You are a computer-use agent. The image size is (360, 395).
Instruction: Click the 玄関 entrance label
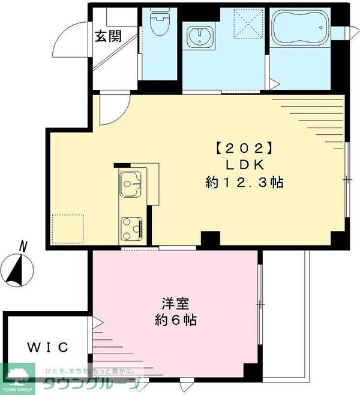[x=109, y=36]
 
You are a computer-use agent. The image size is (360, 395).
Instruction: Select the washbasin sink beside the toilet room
[x=198, y=37]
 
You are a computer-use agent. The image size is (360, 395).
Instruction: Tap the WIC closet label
[x=50, y=346]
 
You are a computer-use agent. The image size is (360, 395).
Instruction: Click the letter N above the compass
[x=23, y=245]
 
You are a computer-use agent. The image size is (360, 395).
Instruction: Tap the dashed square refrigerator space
[x=66, y=228]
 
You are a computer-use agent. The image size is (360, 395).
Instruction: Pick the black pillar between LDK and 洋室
[x=210, y=239]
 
